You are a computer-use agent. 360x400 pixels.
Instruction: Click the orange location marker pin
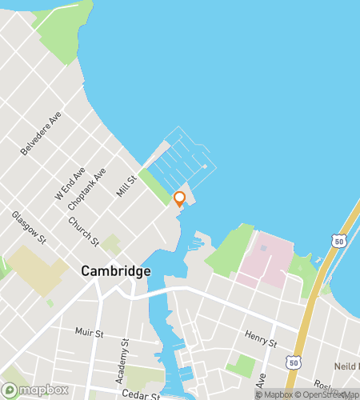click(179, 199)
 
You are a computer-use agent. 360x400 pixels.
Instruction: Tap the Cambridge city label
click(115, 271)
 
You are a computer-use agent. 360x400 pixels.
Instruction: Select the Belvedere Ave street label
click(41, 134)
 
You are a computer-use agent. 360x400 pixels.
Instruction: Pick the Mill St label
click(125, 185)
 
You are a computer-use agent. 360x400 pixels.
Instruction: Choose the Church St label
click(83, 232)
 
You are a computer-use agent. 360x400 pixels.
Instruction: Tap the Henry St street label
click(261, 338)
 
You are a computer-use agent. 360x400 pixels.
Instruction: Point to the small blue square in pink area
click(264, 249)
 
